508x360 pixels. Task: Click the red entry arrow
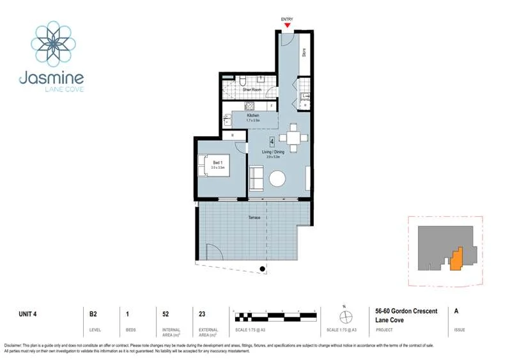coord(287,26)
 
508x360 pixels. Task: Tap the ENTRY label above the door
coord(287,19)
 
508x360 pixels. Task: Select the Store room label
coord(304,53)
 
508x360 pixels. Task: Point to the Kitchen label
coord(253,115)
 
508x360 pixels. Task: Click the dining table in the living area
coord(293,138)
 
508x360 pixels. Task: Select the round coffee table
coord(278,178)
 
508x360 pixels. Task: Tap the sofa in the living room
coord(256,178)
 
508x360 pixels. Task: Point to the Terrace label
coord(254,217)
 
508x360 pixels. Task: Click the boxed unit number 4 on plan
coord(272,141)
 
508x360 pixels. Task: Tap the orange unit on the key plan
coord(456,259)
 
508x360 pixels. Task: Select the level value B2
coord(93,313)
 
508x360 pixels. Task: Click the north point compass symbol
coord(346,316)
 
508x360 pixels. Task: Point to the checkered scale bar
coord(276,316)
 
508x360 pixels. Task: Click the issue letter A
coord(456,311)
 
